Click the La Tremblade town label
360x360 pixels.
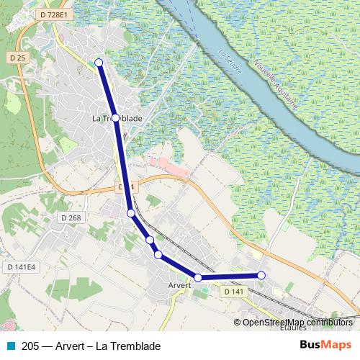pyautogui.click(x=117, y=118)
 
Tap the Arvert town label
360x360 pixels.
pyautogui.click(x=179, y=286)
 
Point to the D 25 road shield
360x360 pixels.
pyautogui.click(x=18, y=57)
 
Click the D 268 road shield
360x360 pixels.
pyautogui.click(x=72, y=217)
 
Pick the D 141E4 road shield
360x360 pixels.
pyautogui.click(x=22, y=267)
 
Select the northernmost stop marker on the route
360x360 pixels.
pyautogui.click(x=99, y=63)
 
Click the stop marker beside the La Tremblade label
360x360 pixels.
pyautogui.click(x=115, y=117)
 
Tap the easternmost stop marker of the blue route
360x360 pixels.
pyautogui.click(x=261, y=276)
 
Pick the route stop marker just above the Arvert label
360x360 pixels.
pyautogui.click(x=198, y=277)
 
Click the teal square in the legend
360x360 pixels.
pyautogui.click(x=11, y=346)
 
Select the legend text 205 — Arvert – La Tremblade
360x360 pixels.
pyautogui.click(x=91, y=346)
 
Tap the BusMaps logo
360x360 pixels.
pyautogui.click(x=325, y=346)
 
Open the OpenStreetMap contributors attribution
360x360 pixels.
pyautogui.click(x=297, y=323)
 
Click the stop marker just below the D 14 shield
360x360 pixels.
pyautogui.click(x=131, y=213)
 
